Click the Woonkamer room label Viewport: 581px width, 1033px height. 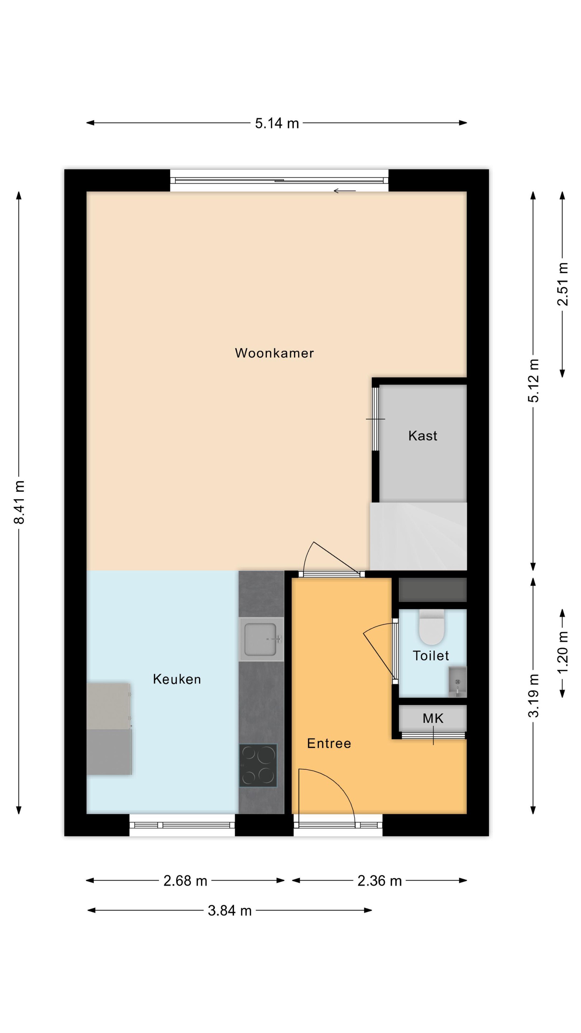274,353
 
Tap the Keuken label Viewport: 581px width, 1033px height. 177,679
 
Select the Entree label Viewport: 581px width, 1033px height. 329,743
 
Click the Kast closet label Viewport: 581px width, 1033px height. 422,435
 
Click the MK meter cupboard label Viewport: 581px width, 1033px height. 433,718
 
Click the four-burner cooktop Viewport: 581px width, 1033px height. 258,765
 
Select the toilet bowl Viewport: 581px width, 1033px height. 431,627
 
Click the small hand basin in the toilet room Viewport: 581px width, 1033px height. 457,681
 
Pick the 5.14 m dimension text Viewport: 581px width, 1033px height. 277,123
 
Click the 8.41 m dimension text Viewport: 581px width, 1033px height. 19,502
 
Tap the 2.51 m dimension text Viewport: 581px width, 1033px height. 563,284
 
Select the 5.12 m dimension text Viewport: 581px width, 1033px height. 533,381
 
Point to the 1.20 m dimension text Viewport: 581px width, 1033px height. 563,652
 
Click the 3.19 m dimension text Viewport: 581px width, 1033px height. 533,696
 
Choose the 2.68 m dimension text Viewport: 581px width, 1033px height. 185,881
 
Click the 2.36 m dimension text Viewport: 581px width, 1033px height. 379,881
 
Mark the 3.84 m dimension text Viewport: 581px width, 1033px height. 230,911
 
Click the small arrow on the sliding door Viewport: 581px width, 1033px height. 344,191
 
